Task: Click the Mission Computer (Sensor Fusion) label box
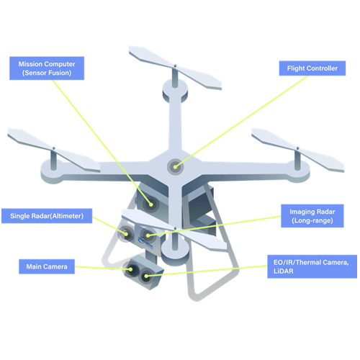click(x=47, y=68)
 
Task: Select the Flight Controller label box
click(x=312, y=68)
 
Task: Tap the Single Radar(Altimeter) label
click(x=47, y=216)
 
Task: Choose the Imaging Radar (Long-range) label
click(x=312, y=216)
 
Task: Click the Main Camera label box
click(x=47, y=266)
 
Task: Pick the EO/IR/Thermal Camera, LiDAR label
click(x=312, y=266)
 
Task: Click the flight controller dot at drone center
click(x=176, y=166)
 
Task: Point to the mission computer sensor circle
click(x=150, y=204)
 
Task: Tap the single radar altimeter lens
click(x=125, y=233)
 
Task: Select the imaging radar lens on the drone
click(x=148, y=235)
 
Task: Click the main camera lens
click(x=130, y=269)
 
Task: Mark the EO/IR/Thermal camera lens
click(x=146, y=276)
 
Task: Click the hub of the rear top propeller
click(x=175, y=66)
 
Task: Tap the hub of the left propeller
click(x=53, y=148)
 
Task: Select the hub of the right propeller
click(x=297, y=148)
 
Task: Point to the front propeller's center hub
click(x=175, y=228)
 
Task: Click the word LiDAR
click(x=284, y=271)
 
